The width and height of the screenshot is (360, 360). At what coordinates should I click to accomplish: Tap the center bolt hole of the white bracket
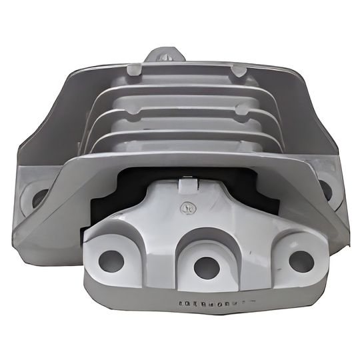point(206,267)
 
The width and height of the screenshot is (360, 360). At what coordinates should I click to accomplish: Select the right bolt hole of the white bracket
point(301,260)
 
